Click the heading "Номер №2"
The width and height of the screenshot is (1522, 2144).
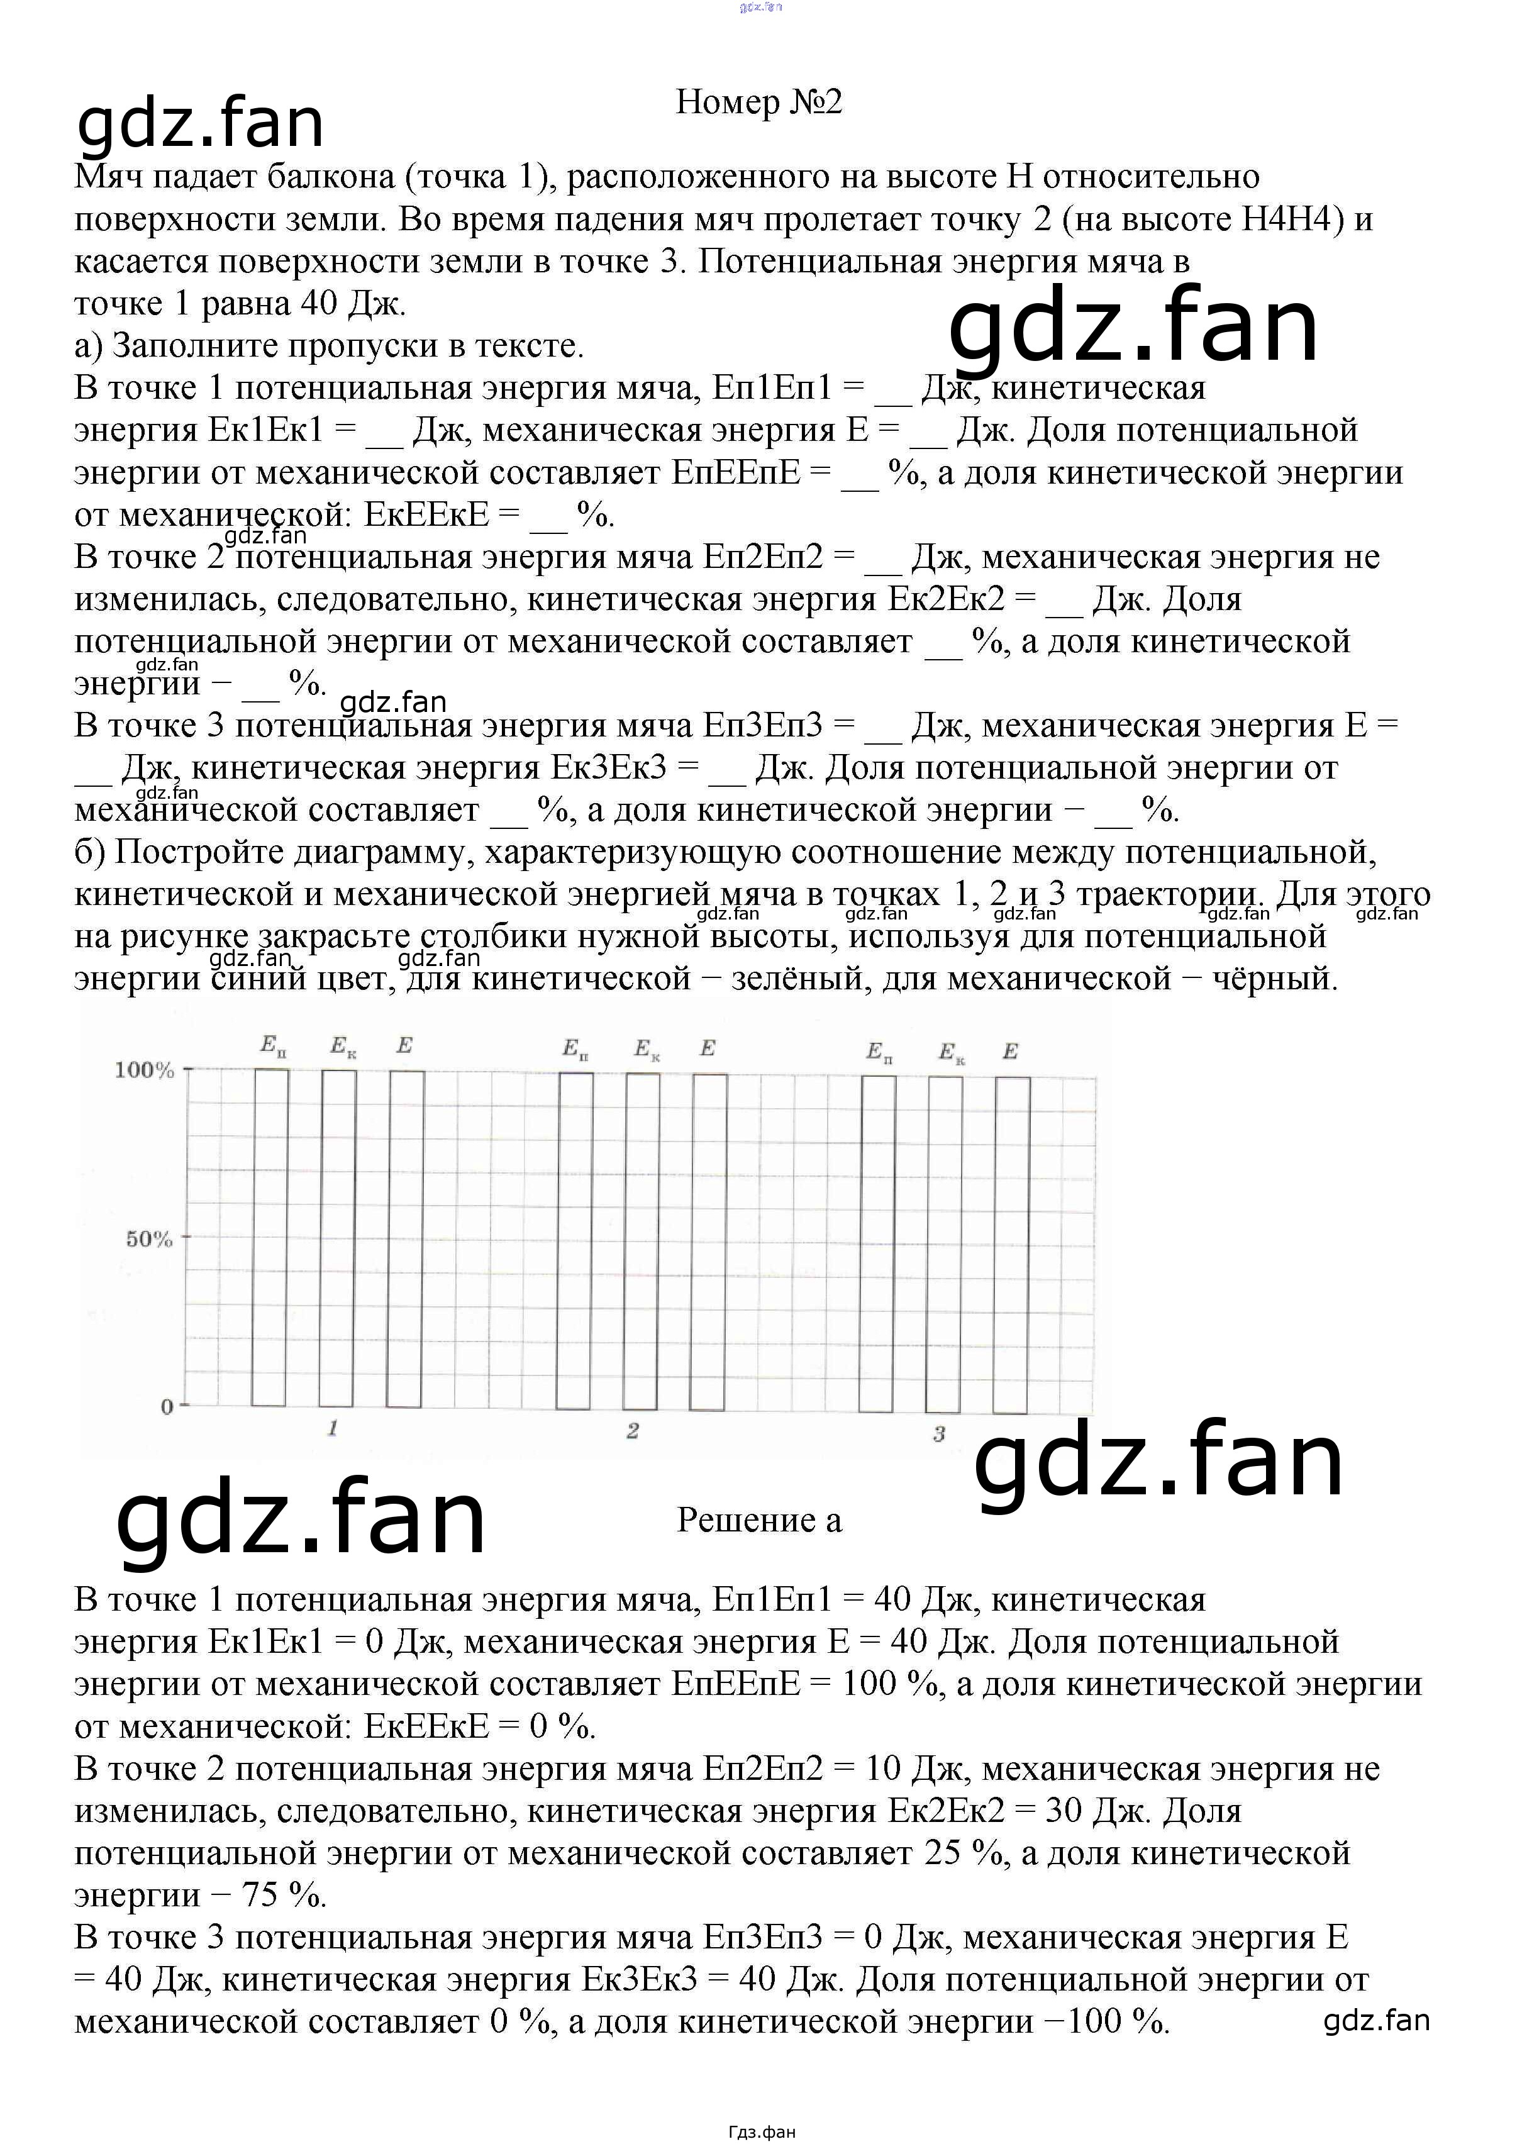coord(759,102)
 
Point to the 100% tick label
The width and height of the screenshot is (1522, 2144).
coord(144,1070)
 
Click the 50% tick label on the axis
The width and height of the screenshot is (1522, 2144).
coord(150,1239)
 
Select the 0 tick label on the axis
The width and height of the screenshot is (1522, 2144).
coord(167,1408)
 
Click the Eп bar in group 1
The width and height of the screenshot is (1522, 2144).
coord(270,1237)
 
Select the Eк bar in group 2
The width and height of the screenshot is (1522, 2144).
coord(643,1241)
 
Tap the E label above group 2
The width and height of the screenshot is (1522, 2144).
coord(708,1048)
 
